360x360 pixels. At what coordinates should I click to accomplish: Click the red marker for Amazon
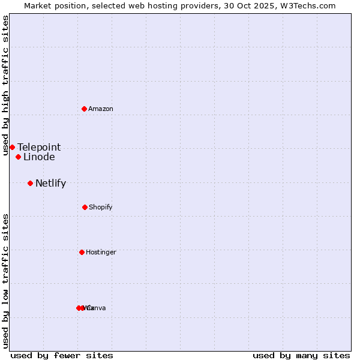[85, 109]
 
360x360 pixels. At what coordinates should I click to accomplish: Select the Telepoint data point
[12, 147]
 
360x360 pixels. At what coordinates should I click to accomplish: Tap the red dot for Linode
[19, 157]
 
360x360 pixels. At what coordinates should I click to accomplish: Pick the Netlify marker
[30, 183]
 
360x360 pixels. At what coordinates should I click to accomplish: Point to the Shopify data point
[85, 207]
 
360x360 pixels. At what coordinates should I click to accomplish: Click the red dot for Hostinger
[82, 252]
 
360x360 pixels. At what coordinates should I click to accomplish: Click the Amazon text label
[101, 109]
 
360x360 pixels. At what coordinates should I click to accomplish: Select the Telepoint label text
[39, 147]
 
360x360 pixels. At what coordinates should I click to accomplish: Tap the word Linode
[39, 157]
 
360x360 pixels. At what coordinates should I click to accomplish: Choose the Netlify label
[50, 184]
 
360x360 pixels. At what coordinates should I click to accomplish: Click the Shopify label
[101, 207]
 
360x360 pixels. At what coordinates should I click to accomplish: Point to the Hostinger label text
[101, 252]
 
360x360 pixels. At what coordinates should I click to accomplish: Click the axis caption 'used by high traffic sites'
[5, 85]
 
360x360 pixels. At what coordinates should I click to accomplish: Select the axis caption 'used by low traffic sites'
[5, 281]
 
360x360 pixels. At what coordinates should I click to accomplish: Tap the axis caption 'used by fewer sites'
[62, 355]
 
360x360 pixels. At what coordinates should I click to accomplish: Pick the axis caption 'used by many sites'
[301, 355]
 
